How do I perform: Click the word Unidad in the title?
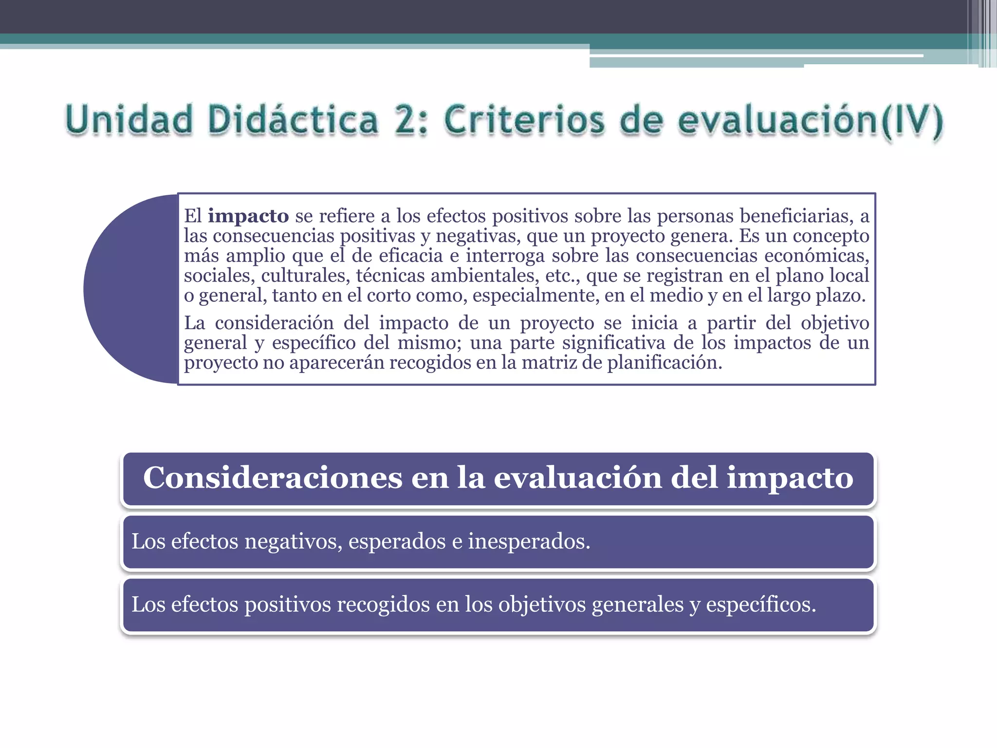pos(129,120)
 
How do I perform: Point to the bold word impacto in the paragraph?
pos(248,216)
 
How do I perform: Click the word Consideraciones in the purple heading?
pos(273,478)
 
